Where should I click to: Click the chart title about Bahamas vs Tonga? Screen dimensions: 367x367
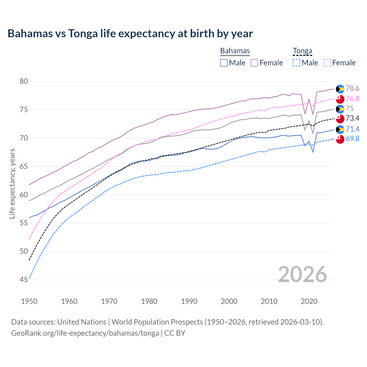click(x=130, y=34)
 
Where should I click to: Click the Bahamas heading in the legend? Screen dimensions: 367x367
click(x=235, y=51)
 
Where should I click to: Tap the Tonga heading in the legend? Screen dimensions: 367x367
click(x=302, y=51)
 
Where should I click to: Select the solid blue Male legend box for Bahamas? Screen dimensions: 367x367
click(x=224, y=63)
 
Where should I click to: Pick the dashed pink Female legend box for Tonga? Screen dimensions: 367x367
click(x=327, y=63)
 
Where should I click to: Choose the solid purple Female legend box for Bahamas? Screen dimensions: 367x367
click(x=254, y=63)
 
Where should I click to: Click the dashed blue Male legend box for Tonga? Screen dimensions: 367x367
click(x=296, y=63)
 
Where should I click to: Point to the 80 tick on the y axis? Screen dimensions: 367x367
click(x=24, y=81)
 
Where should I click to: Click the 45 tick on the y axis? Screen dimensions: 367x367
click(x=24, y=280)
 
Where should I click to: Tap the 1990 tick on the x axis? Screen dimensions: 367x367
click(x=189, y=301)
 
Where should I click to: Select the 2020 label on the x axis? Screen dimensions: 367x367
click(x=309, y=301)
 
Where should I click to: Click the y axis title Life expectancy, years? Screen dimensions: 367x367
click(x=12, y=183)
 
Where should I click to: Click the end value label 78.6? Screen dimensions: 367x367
click(x=352, y=88)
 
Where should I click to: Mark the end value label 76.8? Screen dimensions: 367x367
click(x=352, y=99)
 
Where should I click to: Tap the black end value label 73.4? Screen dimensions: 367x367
click(x=352, y=118)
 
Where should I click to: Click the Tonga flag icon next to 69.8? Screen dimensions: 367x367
click(x=340, y=139)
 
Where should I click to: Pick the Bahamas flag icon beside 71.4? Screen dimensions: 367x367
click(x=340, y=129)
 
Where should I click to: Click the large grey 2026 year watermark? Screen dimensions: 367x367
click(x=302, y=274)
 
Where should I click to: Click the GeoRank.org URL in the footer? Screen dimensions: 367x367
click(x=85, y=333)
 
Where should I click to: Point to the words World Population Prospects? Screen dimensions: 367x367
click(x=157, y=322)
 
